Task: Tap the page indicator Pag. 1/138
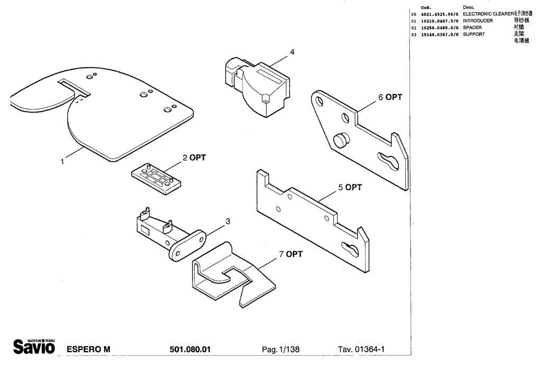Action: click(281, 349)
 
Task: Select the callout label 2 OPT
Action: click(194, 158)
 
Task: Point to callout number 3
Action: click(227, 222)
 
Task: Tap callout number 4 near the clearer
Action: click(292, 52)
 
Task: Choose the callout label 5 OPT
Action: click(350, 187)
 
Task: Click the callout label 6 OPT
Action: click(390, 97)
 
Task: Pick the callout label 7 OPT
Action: click(291, 254)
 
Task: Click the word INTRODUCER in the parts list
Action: click(478, 21)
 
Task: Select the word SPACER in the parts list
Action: click(472, 27)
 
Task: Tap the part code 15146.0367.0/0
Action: click(439, 34)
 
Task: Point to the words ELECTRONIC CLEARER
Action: click(488, 13)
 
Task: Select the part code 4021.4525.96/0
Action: click(440, 14)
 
